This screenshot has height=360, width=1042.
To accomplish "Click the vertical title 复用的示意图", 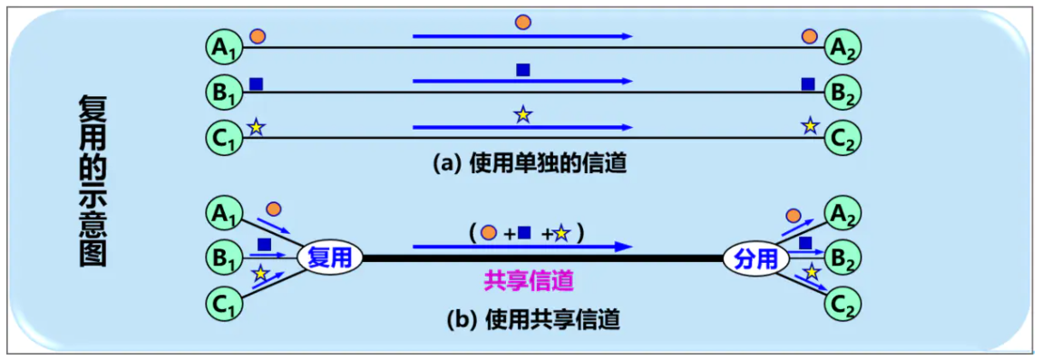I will click(x=91, y=181).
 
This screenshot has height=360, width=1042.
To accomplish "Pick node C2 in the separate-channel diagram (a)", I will click(x=842, y=138).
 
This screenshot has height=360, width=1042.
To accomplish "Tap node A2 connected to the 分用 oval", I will click(x=842, y=214).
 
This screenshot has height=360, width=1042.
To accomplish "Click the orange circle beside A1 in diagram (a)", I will click(x=258, y=35).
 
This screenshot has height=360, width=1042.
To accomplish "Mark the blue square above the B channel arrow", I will click(x=522, y=70).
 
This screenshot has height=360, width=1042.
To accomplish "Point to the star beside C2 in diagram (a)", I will click(x=809, y=127).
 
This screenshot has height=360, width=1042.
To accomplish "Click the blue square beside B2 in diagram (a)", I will click(x=807, y=83).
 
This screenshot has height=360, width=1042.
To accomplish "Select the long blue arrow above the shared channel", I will click(x=521, y=246).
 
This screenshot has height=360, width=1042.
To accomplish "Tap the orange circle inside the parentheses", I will click(x=489, y=232).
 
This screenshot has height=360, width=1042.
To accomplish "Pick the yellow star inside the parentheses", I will click(x=561, y=233).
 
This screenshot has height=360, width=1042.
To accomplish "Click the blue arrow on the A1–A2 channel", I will click(x=521, y=35).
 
